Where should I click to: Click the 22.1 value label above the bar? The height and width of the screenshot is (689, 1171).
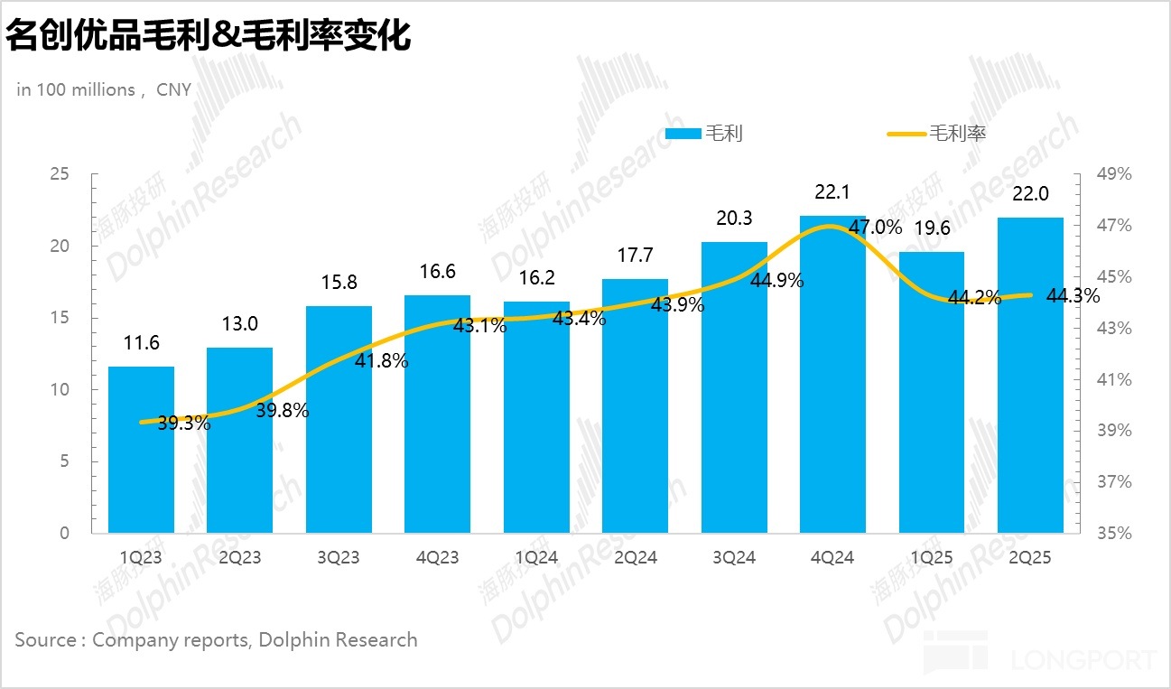pyautogui.click(x=832, y=192)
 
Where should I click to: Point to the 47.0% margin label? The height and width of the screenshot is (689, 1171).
pyautogui.click(x=875, y=228)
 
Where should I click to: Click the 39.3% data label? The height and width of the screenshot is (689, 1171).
pyautogui.click(x=184, y=423)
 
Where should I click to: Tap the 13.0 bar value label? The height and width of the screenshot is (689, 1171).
pyautogui.click(x=240, y=324)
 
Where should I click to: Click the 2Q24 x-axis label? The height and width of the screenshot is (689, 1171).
pyautogui.click(x=635, y=558)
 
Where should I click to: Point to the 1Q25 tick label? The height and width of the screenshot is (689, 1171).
pyautogui.click(x=932, y=558)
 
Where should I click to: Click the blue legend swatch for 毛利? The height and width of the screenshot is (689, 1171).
pyautogui.click(x=683, y=134)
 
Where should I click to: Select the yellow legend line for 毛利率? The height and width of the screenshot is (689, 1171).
pyautogui.click(x=906, y=134)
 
